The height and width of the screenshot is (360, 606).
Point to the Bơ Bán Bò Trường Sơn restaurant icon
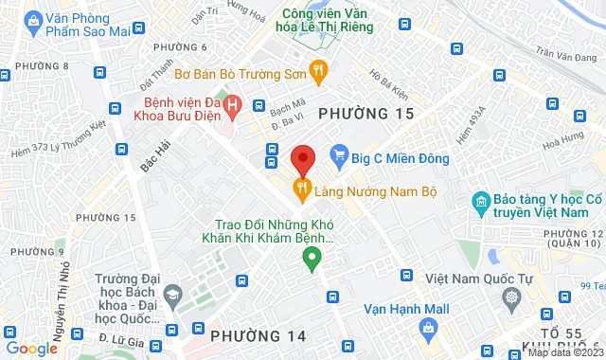coord(320,68)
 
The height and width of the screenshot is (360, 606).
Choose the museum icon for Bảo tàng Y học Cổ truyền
coord(480,201)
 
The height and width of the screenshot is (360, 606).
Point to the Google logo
coord(31,348)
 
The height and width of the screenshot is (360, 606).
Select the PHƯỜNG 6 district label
coord(179,47)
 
